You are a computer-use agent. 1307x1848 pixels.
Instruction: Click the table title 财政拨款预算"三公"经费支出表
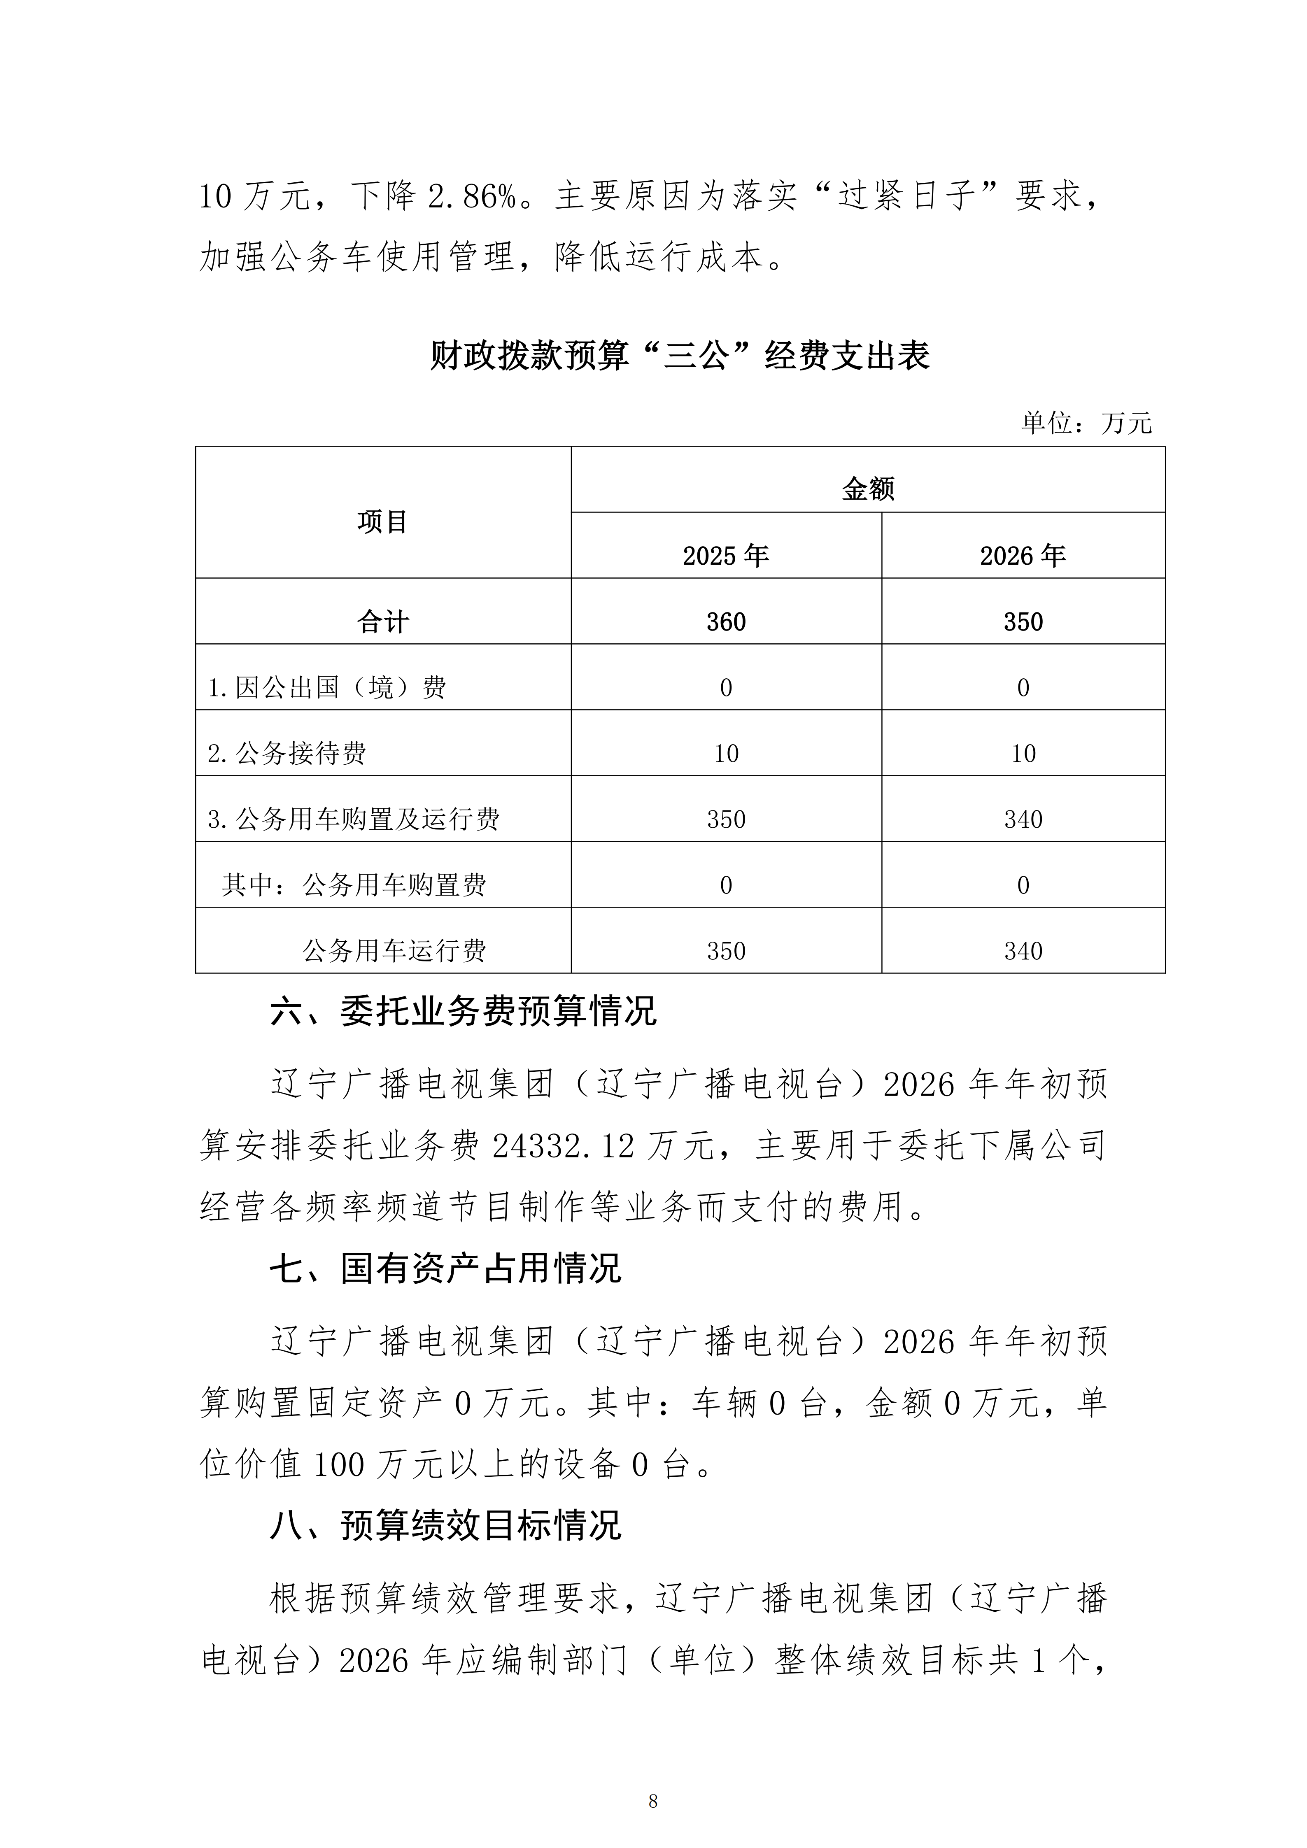[680, 355]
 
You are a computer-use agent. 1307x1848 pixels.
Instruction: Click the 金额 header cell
[868, 489]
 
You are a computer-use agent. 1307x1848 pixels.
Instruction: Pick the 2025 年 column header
[726, 555]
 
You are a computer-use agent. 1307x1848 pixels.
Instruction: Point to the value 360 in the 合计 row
[726, 621]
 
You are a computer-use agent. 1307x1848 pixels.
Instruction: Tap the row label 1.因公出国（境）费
[327, 687]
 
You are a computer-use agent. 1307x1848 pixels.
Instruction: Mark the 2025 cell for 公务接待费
[726, 753]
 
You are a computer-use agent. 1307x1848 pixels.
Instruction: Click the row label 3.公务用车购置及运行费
[353, 819]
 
